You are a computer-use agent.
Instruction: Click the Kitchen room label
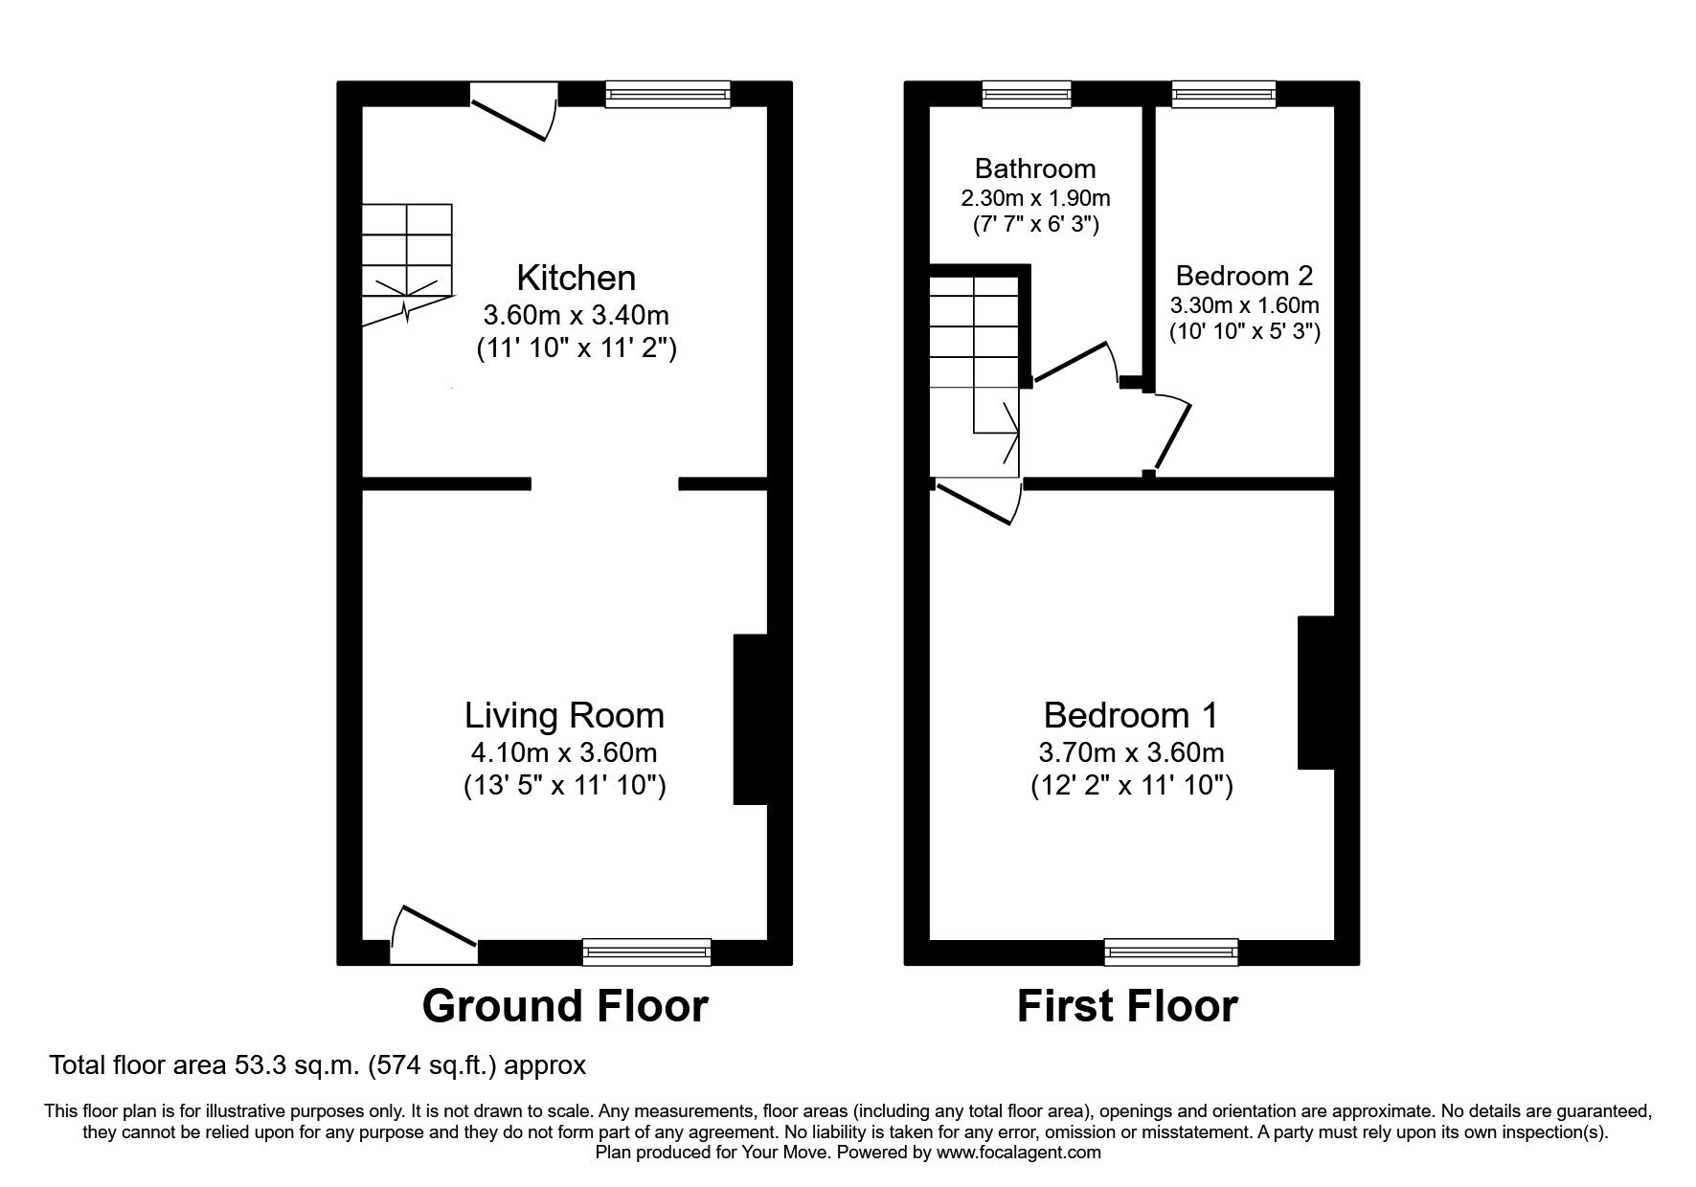(576, 278)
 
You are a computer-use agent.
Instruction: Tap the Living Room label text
(564, 715)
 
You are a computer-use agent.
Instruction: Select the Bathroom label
(1034, 168)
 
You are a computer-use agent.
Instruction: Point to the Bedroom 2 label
(1244, 276)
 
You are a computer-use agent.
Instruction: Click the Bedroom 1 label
(1130, 715)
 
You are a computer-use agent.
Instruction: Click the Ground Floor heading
(564, 1006)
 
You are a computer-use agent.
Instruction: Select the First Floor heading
(1127, 1006)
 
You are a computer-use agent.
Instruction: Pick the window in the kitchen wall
(667, 94)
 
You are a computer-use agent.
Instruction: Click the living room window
(646, 952)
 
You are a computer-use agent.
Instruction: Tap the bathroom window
(1027, 94)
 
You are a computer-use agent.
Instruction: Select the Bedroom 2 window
(1224, 94)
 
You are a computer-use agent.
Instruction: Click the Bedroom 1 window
(1170, 952)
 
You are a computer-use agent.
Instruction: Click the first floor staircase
(974, 373)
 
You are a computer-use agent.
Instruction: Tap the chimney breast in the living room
(750, 718)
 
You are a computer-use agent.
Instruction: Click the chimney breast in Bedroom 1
(1315, 692)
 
